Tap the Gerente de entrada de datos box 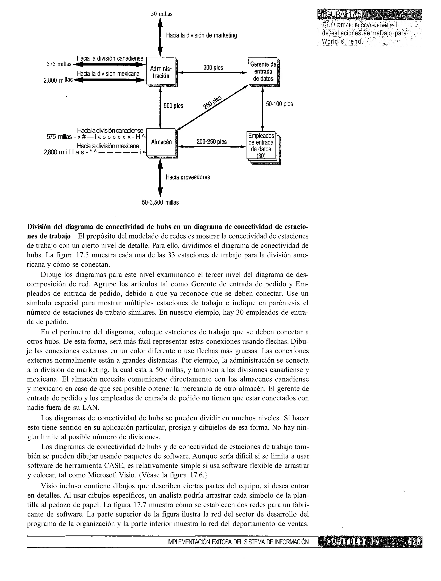click(263, 72)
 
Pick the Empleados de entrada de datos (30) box click(261, 146)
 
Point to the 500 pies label click(173, 106)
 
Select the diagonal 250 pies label click(212, 102)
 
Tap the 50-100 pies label click(279, 104)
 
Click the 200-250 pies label click(212, 142)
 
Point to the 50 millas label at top click(162, 14)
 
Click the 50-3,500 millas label click(160, 203)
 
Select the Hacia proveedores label click(188, 177)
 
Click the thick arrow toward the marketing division click(160, 37)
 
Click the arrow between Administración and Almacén click(160, 108)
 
